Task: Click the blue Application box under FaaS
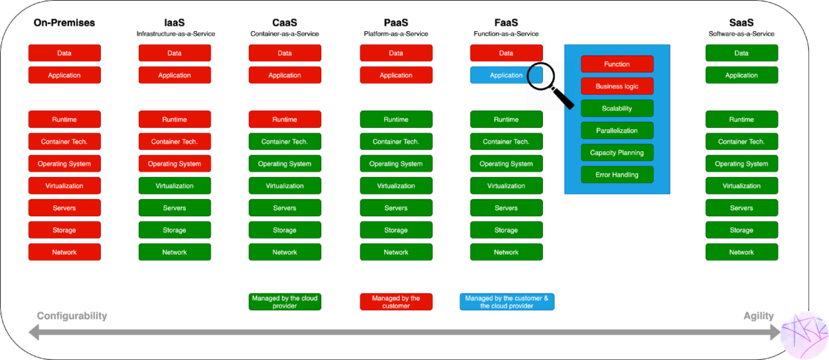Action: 506,75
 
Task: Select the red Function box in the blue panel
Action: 617,64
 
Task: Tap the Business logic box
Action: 617,86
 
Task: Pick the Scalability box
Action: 617,108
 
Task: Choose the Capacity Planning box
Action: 617,153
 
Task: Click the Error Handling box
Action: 617,175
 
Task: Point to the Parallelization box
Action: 617,130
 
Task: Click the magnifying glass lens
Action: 541,76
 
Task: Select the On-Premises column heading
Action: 64,23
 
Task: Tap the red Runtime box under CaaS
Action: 285,119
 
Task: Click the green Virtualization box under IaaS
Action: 175,186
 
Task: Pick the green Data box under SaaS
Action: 742,53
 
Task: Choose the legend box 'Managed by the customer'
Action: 396,302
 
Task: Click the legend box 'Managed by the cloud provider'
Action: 285,302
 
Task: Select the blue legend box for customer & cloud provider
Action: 507,302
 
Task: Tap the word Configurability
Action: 72,316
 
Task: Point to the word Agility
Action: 759,316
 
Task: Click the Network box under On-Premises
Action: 64,252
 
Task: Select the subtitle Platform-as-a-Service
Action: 396,34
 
